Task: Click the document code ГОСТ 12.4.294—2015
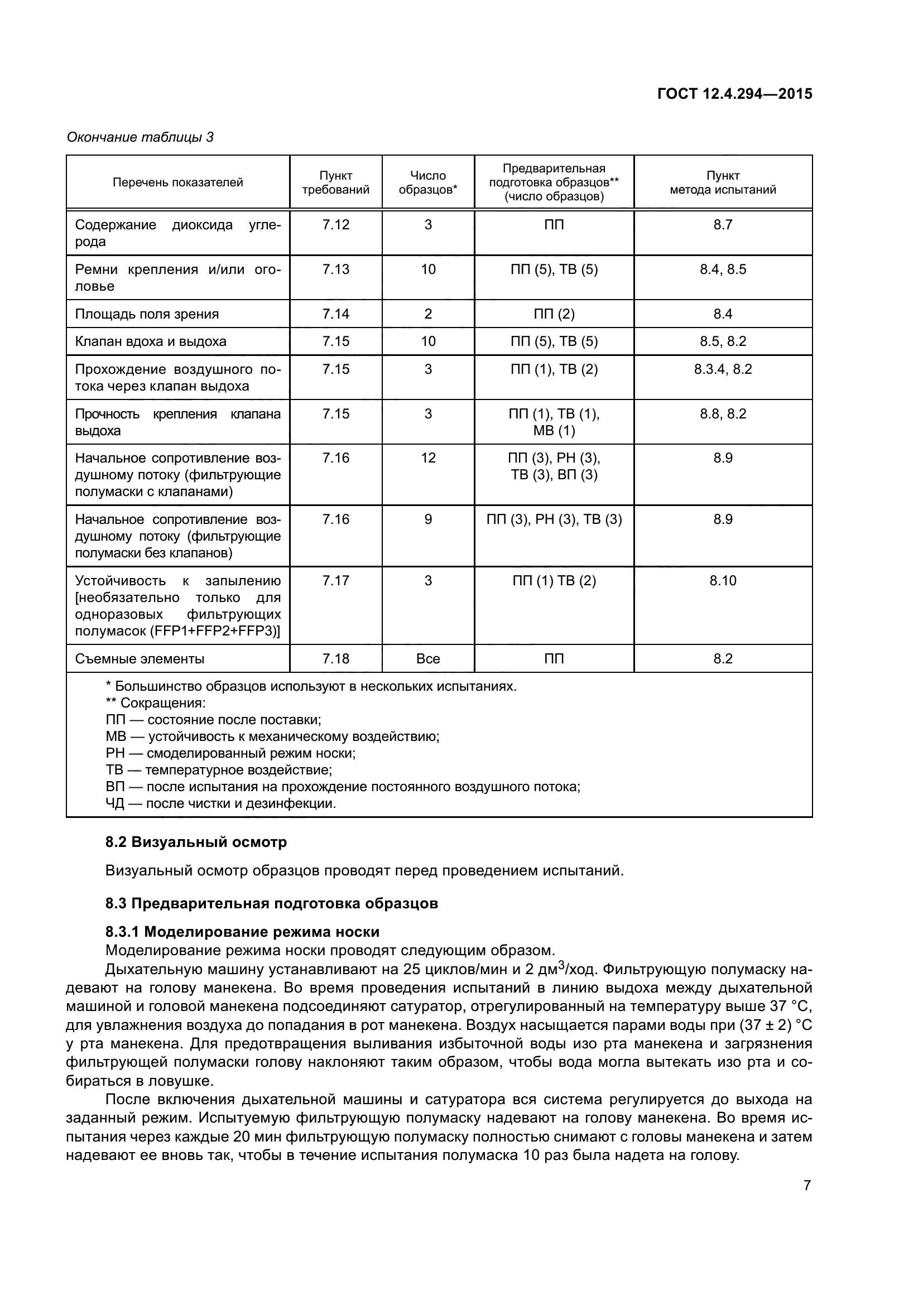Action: tap(734, 94)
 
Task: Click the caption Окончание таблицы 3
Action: tap(140, 137)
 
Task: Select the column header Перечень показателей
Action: tap(178, 182)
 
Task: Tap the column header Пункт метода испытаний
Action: tap(722, 182)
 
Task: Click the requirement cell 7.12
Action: tap(335, 224)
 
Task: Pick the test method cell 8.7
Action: tap(722, 224)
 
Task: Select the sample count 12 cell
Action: tap(428, 458)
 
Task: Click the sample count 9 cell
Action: tap(428, 519)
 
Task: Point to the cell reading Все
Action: tap(428, 659)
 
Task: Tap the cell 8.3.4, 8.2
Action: tap(722, 369)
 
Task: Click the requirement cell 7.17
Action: tap(335, 581)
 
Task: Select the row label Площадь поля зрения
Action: tap(147, 314)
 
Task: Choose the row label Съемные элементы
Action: tap(140, 659)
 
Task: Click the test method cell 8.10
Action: tap(722, 581)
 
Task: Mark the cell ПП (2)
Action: tap(554, 314)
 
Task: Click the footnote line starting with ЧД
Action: tap(220, 803)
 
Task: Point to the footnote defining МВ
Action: tap(272, 736)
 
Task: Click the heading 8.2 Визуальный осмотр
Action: tap(196, 842)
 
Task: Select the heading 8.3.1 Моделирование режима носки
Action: tap(242, 932)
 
